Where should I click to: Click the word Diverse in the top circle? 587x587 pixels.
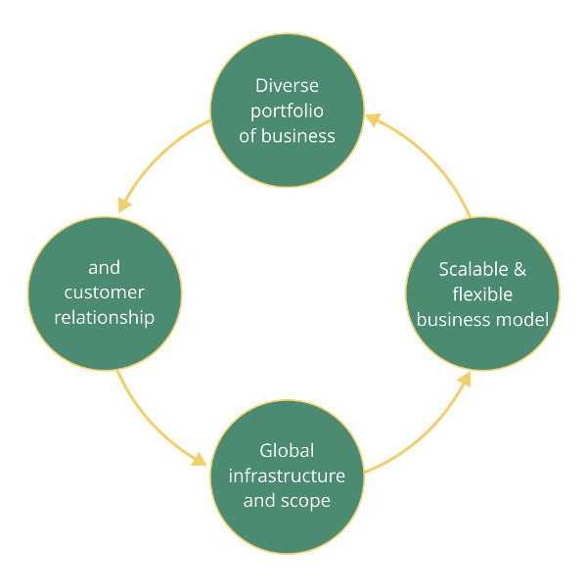coord(287,85)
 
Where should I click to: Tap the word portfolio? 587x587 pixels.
coord(287,111)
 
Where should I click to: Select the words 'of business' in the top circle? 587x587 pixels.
coord(287,136)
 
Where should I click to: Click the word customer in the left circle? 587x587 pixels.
coord(104,293)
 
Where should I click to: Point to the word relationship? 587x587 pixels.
coord(104,318)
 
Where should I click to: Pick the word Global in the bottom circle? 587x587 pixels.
coord(287,451)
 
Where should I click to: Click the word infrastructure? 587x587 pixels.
coord(287,476)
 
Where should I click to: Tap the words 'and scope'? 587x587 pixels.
coord(287,501)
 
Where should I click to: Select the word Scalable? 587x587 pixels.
coord(468,269)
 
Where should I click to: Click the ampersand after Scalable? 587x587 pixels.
coord(519,269)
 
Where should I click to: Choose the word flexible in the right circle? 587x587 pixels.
coord(482,294)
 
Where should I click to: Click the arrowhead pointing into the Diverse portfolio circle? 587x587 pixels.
coord(372,118)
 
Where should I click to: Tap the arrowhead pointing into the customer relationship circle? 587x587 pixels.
coord(124,204)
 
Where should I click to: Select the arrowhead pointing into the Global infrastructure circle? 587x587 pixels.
coord(201,459)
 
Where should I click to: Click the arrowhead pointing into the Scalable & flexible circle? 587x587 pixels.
coord(464,378)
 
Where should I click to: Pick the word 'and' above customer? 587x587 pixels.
coord(104,267)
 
